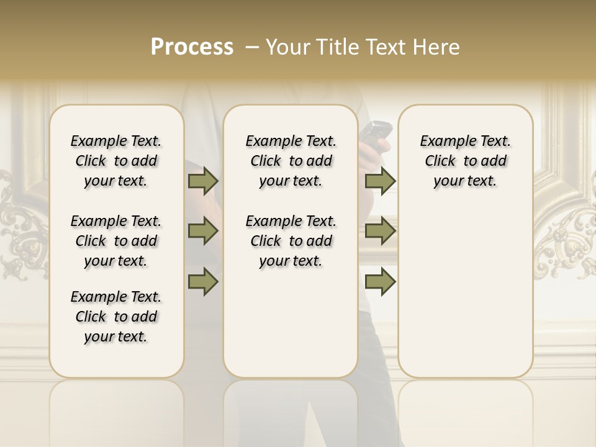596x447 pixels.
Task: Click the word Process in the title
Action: [192, 47]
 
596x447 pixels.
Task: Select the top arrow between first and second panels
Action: [203, 181]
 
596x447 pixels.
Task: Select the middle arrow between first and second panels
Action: [203, 231]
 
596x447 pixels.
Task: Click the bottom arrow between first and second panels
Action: [203, 281]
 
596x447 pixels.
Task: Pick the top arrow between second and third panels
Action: [380, 181]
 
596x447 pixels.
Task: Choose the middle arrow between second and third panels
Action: [380, 231]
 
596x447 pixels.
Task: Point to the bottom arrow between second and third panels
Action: [380, 281]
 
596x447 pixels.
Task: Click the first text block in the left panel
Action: [116, 161]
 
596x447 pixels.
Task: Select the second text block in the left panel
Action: [116, 241]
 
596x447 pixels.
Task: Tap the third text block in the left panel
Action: [116, 317]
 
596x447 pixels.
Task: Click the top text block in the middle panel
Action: [291, 161]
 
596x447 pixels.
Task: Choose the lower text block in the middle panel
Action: [291, 241]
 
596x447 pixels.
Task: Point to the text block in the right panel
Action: [465, 161]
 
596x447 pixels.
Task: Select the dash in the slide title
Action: [252, 47]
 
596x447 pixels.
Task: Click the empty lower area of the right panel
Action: [465, 292]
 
